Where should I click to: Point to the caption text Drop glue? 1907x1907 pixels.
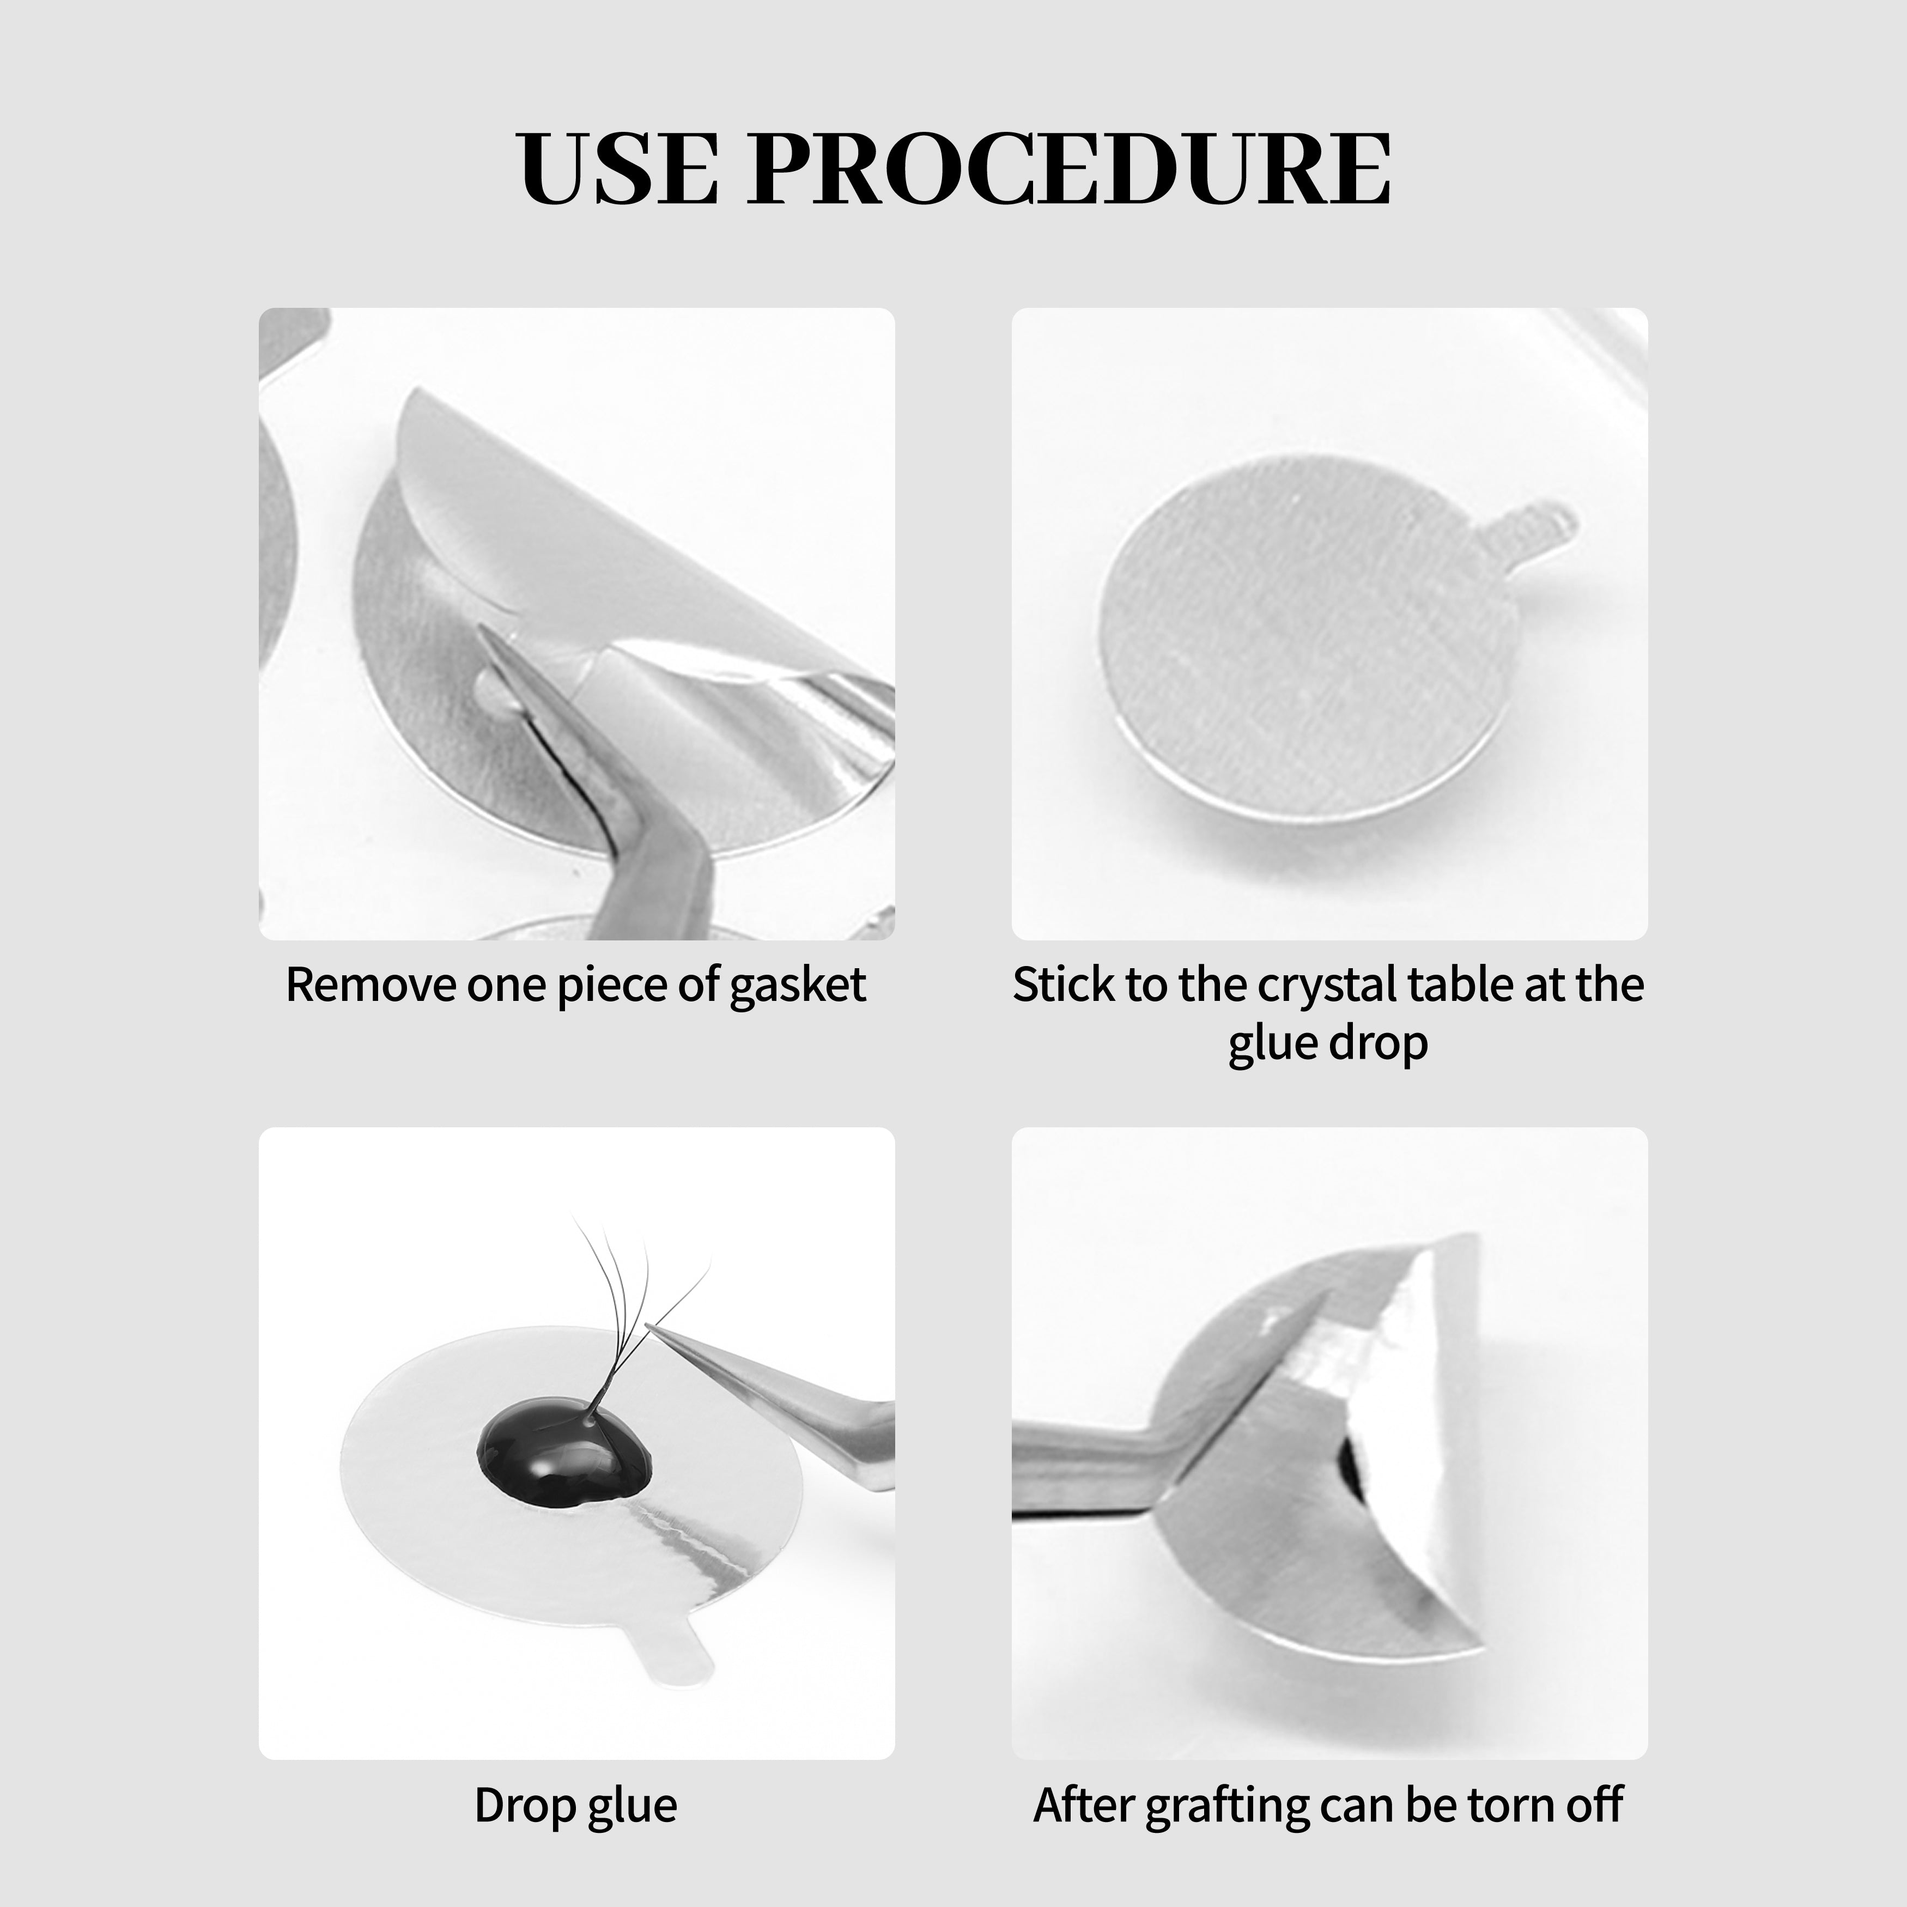point(575,1805)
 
